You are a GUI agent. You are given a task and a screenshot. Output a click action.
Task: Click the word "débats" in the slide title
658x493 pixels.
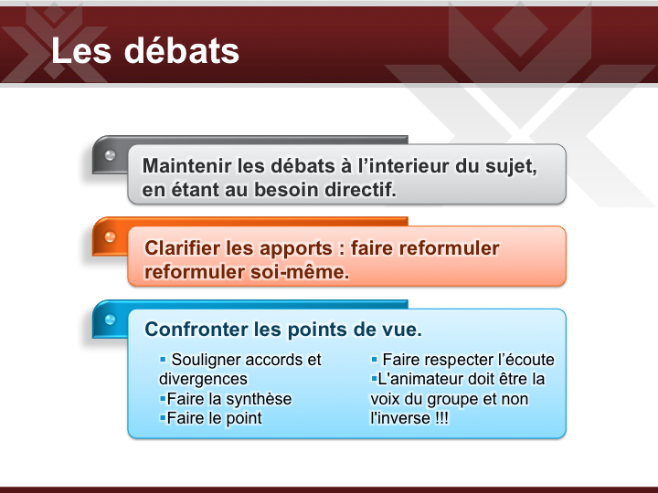[182, 51]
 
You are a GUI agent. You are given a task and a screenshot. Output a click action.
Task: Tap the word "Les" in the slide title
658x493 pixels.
[81, 51]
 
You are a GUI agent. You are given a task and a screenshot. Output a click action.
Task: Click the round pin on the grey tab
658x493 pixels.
[110, 155]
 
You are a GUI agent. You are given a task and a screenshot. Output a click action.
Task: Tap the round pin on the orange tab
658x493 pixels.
[110, 236]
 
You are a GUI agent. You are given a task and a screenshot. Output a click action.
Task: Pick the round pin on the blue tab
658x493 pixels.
[110, 320]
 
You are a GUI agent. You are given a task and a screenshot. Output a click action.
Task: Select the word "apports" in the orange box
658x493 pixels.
[296, 249]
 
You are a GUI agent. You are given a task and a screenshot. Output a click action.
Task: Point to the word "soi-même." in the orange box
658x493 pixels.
[300, 272]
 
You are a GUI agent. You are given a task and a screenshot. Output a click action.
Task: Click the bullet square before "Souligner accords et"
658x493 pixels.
[163, 360]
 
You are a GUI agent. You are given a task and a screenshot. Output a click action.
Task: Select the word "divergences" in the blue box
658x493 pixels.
[203, 380]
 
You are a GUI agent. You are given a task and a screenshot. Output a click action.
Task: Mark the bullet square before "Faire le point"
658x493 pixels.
[163, 417]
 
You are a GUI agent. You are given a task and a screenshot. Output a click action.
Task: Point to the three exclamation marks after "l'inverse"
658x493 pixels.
[441, 418]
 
